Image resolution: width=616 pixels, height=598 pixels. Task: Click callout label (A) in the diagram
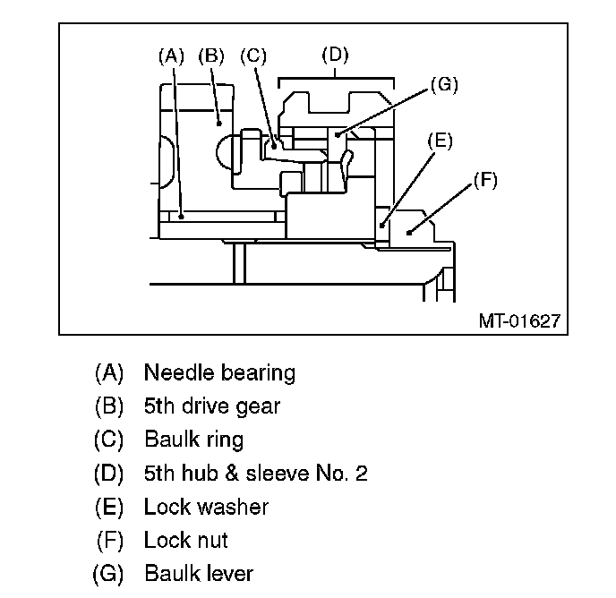pos(171,56)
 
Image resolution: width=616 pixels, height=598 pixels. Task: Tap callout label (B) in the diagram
pos(211,56)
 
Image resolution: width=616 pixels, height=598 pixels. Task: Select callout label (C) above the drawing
pos(253,56)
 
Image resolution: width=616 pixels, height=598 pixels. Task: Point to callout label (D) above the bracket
pos(335,55)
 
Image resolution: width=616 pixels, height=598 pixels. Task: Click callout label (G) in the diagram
pos(444,84)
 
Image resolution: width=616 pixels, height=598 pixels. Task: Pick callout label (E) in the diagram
pos(440,141)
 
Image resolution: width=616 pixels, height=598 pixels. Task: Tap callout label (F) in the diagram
pos(485,180)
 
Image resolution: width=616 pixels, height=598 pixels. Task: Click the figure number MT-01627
pos(519,321)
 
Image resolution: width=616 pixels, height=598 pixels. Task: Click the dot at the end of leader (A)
pos(181,217)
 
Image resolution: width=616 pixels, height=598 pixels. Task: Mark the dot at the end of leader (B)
pos(219,124)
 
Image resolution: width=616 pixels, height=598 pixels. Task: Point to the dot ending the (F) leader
pos(409,233)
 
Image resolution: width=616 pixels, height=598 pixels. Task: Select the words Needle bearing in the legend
pos(219,373)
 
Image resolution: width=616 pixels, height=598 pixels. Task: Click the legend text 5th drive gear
pos(212,406)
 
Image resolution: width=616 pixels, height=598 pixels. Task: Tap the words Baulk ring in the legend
pos(194,440)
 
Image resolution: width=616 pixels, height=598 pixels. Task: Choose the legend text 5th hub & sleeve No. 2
pos(256,473)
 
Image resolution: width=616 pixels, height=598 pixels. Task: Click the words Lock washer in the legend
pos(207,507)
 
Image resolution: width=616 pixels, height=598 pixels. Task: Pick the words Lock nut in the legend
pos(186,540)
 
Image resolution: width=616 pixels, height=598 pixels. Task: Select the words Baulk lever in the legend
pos(199,573)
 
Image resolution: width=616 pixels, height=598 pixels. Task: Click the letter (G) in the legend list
pos(108,574)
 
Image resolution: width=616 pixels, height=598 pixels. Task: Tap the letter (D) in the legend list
pos(108,474)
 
